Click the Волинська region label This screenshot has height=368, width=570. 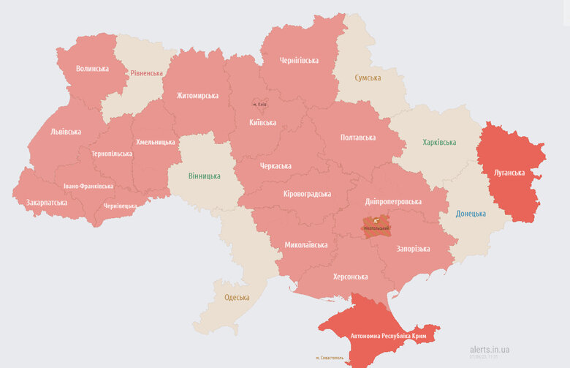(x=92, y=69)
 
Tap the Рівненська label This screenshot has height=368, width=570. (x=147, y=74)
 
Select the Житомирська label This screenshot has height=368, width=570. (x=197, y=96)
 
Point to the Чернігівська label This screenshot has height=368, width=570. (x=299, y=60)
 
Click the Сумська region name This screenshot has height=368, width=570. (x=368, y=78)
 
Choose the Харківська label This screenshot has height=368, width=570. (x=438, y=142)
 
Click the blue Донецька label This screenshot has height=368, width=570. (x=471, y=214)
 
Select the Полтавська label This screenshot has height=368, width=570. (x=357, y=138)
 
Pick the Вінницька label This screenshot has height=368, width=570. (x=204, y=176)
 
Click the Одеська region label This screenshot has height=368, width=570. (x=237, y=298)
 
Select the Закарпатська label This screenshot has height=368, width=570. (x=47, y=203)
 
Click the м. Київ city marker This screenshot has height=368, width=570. (x=259, y=105)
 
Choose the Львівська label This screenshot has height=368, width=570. (x=66, y=132)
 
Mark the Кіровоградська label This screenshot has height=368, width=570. (x=307, y=194)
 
